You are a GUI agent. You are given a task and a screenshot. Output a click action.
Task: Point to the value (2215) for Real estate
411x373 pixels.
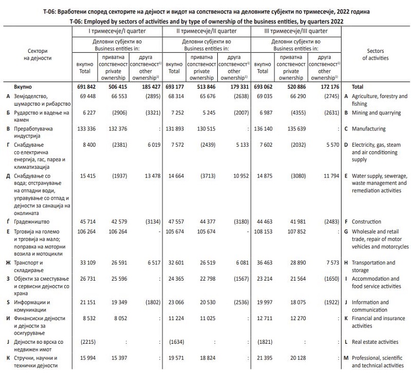coord(82,341)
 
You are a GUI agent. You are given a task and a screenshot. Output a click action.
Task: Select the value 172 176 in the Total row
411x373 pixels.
coord(327,87)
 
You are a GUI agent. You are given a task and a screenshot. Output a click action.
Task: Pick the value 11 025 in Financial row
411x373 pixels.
coord(204,319)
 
